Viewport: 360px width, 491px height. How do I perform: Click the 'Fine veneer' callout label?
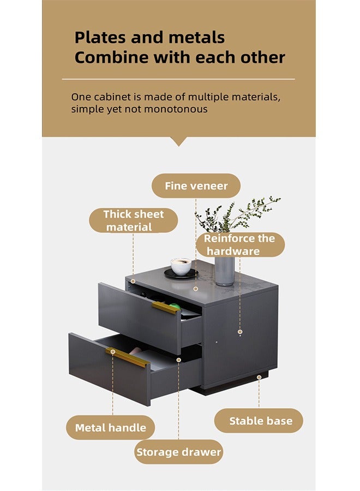point(196,186)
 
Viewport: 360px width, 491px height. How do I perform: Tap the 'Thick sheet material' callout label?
point(133,220)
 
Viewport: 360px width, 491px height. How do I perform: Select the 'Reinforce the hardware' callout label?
point(240,244)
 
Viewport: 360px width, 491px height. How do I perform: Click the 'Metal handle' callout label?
point(111,428)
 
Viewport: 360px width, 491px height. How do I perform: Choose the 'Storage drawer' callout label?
point(178,452)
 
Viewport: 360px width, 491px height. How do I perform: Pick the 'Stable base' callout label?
point(260,421)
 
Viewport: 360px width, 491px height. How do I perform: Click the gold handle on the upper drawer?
point(165,308)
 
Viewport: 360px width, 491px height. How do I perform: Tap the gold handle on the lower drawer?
point(127,357)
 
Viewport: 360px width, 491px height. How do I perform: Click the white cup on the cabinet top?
point(181,267)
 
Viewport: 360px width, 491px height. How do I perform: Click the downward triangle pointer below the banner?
point(178,141)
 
